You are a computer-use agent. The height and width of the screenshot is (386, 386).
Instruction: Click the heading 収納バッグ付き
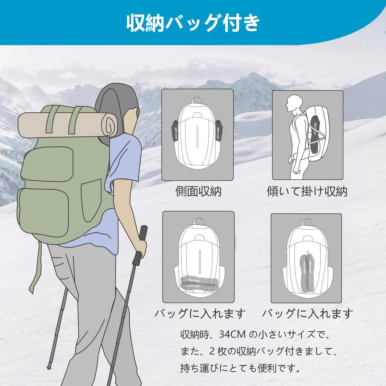(193, 23)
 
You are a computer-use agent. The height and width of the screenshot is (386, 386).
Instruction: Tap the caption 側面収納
(198, 191)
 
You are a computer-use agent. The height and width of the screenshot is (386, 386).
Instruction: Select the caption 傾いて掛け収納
(307, 191)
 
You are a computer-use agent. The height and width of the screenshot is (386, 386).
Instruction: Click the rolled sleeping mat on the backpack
(68, 125)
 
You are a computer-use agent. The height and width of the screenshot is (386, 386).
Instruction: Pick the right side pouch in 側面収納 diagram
(219, 130)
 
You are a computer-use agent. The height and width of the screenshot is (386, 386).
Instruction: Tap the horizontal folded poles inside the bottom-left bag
(199, 283)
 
